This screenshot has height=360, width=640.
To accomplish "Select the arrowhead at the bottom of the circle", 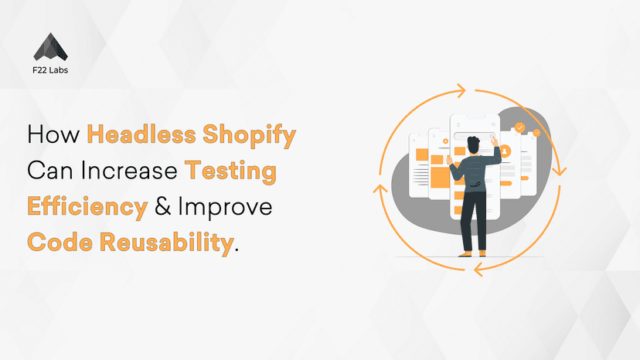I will (x=478, y=269).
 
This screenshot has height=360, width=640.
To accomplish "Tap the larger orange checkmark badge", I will (x=520, y=127).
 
